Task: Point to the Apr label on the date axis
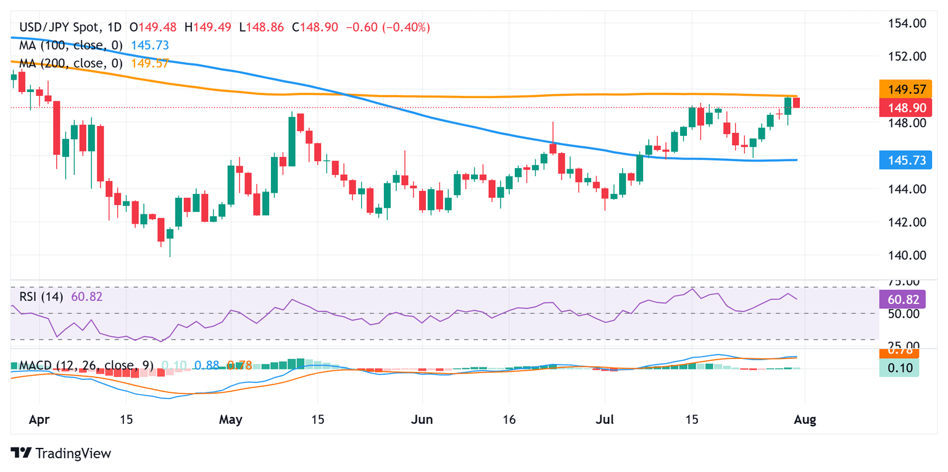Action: (38, 420)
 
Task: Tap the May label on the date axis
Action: (230, 420)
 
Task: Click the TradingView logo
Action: (61, 453)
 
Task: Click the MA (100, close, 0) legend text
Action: (71, 46)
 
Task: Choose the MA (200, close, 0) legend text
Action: (71, 63)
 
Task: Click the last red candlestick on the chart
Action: (796, 103)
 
